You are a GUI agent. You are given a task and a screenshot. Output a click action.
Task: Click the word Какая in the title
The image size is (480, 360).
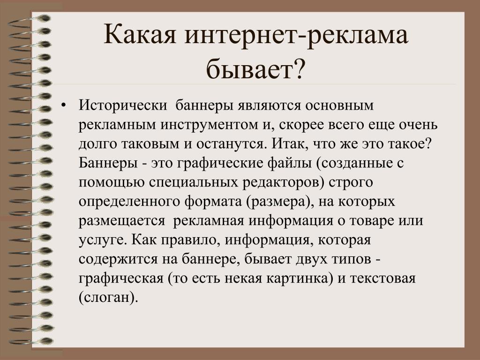click(x=140, y=35)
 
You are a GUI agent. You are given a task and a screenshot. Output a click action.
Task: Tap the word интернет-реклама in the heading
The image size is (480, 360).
click(x=296, y=35)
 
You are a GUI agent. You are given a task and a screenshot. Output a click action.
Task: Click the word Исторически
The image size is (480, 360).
click(x=123, y=105)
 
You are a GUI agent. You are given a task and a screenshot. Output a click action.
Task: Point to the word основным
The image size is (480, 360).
click(x=339, y=106)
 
